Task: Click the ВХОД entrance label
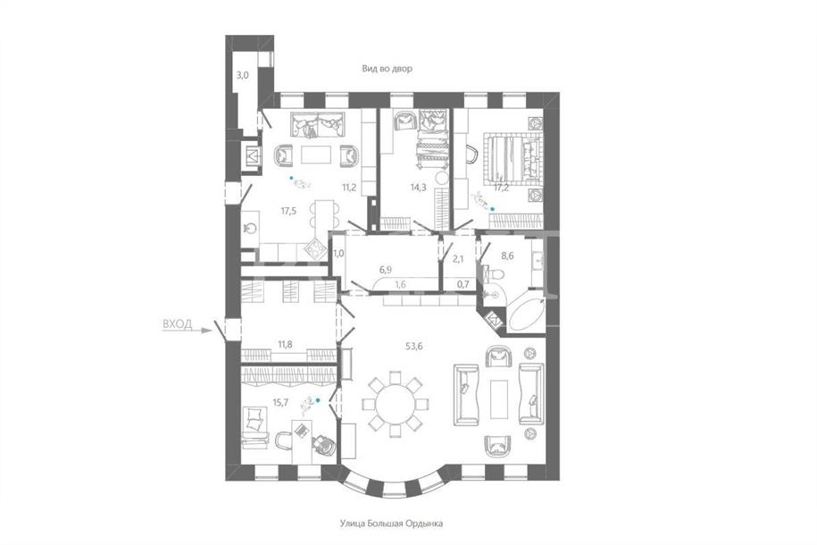point(177,324)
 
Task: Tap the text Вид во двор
point(388,68)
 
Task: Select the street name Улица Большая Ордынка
point(391,523)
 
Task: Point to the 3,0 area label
point(242,74)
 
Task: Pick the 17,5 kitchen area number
point(288,211)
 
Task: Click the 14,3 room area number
point(419,188)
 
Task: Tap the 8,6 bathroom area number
point(507,256)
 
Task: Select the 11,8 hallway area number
point(285,344)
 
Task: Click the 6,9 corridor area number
point(385,269)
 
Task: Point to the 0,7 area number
point(463,284)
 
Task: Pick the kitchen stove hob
point(314,248)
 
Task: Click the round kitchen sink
point(251,228)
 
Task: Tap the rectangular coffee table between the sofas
point(498,399)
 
